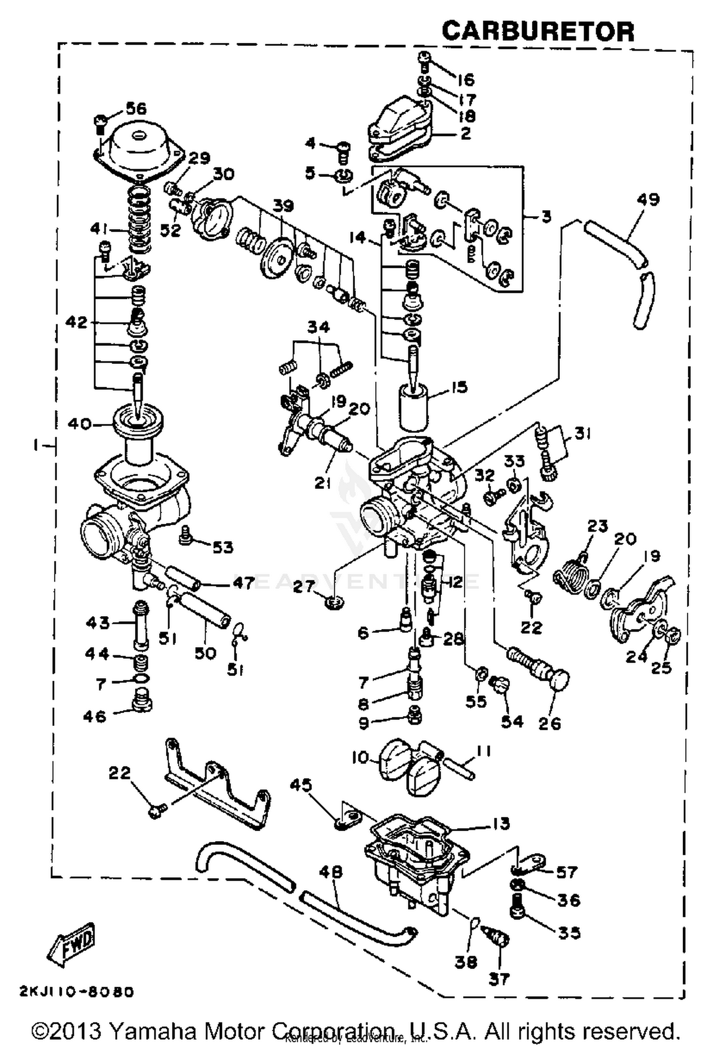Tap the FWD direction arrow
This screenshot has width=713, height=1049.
coord(72,944)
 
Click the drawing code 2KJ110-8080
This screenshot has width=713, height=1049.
coord(77,991)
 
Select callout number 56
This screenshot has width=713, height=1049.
coord(135,108)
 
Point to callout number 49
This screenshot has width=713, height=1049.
coord(648,199)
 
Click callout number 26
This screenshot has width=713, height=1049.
coord(549,724)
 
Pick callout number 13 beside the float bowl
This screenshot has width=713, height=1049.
coord(501,823)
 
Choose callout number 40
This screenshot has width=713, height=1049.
coord(79,423)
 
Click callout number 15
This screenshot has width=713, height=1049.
coord(459,387)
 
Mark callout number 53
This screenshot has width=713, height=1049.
coord(222,547)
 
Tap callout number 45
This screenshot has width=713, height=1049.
coord(300,785)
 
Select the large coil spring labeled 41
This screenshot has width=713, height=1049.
coord(139,219)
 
